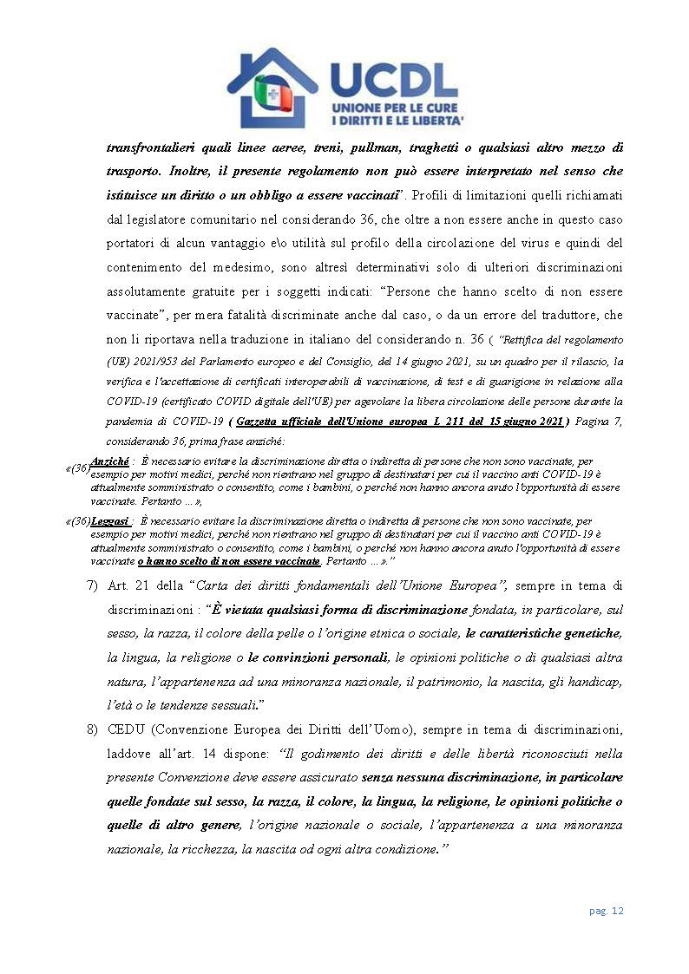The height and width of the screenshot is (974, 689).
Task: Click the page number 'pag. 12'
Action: pos(607,911)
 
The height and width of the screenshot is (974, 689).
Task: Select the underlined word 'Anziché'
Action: pos(110,461)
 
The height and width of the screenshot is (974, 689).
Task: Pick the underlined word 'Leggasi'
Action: pos(111,521)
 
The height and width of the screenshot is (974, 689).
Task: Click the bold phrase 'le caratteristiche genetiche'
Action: pos(543,634)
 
